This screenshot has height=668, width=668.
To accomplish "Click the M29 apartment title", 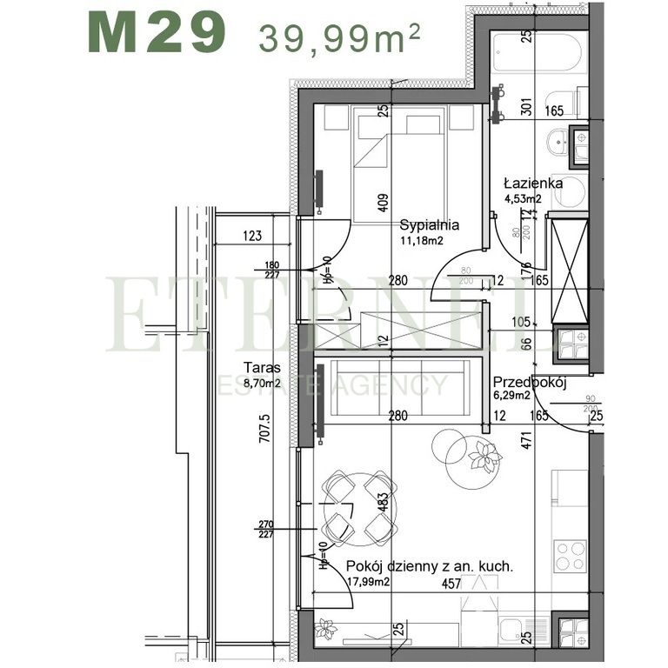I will pos(157,33).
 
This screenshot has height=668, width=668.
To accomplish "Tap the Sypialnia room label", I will pos(429,225).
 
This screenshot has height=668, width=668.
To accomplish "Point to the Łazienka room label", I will pos(533,184).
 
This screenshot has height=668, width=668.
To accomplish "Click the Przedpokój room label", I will pos(530,381).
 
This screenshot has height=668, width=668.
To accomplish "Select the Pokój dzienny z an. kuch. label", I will pos(430,565).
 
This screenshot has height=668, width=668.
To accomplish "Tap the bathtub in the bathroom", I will pos(531,54).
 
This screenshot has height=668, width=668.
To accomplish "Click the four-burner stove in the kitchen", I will pos(571,554).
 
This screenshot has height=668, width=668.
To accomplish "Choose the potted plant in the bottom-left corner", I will pos(326,627).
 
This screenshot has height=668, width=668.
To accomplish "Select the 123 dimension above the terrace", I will pos(252,235).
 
